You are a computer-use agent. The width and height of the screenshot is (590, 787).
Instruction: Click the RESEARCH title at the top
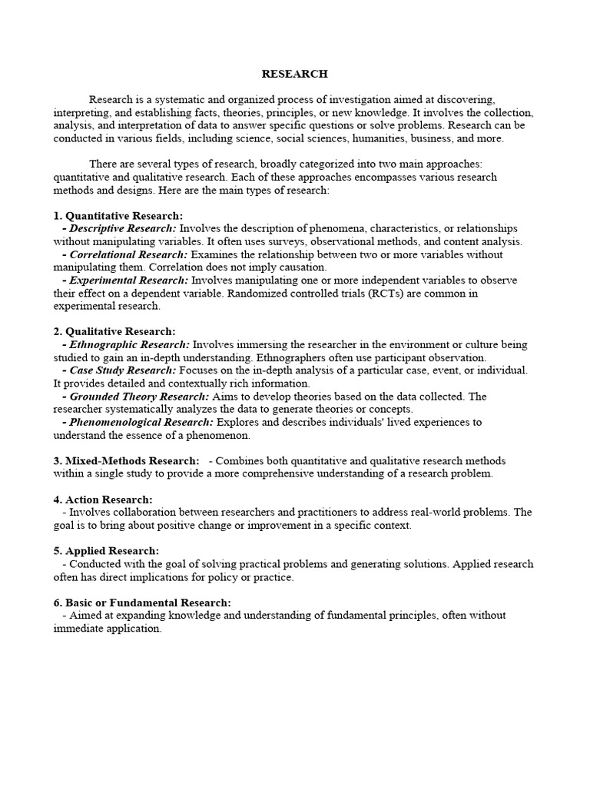tap(294, 74)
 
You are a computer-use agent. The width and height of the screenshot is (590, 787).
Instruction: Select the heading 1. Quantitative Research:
tap(118, 216)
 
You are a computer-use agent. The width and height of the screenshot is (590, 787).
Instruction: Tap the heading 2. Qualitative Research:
tap(114, 330)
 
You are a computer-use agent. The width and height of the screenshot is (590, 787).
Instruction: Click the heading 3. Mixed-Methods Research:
tap(126, 460)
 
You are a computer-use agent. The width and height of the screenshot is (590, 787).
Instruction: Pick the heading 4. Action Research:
tap(103, 500)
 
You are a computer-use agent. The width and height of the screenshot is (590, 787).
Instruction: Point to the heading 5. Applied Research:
tap(106, 550)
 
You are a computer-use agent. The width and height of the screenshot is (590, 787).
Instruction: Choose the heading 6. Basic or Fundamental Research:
tap(142, 603)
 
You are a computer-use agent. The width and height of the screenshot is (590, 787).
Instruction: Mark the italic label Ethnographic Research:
tap(130, 344)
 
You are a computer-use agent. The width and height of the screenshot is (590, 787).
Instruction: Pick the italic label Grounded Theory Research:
tap(139, 397)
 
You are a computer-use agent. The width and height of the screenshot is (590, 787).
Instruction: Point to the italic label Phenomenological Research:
tap(141, 422)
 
